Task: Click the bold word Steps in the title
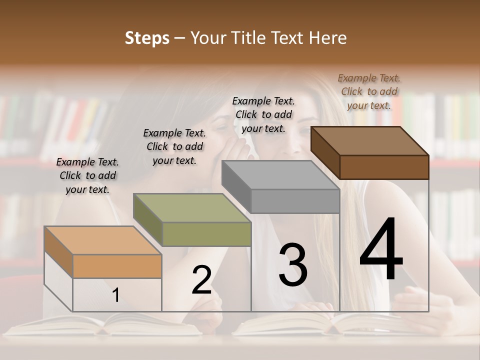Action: [x=147, y=38]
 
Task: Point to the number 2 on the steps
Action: [x=201, y=280]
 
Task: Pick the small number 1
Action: [x=115, y=295]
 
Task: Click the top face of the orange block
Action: [x=103, y=240]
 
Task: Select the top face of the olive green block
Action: [x=192, y=208]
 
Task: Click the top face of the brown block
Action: [x=370, y=141]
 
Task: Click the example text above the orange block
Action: [x=87, y=175]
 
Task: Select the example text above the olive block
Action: [x=174, y=146]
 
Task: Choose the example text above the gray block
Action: [x=263, y=114]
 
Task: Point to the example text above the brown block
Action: [x=369, y=91]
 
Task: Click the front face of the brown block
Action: [x=384, y=167]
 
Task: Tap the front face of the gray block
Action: [x=295, y=201]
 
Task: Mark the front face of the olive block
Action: [x=206, y=234]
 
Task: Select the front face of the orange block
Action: [x=117, y=266]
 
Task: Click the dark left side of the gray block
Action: [x=236, y=186]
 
